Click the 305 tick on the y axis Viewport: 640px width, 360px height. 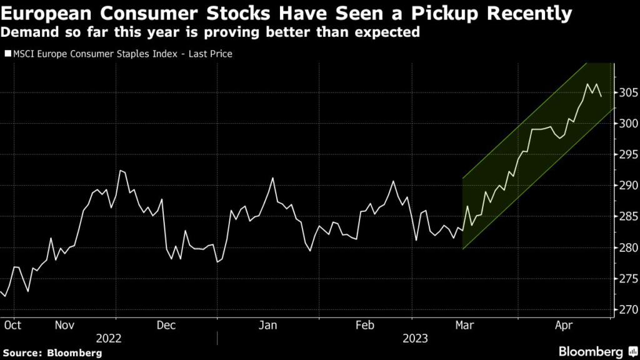point(627,92)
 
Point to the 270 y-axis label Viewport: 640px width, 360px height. point(627,309)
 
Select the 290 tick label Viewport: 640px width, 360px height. point(627,186)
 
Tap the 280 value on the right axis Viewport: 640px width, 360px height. point(627,247)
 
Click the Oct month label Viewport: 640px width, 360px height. point(12,325)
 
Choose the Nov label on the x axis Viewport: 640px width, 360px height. point(66,325)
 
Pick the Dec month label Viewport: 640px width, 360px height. point(166,325)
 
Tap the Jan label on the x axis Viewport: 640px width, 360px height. point(268,325)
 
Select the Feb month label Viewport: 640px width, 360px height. point(364,325)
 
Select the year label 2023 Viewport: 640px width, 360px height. point(415,338)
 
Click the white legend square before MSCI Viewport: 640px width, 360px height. point(7,54)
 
